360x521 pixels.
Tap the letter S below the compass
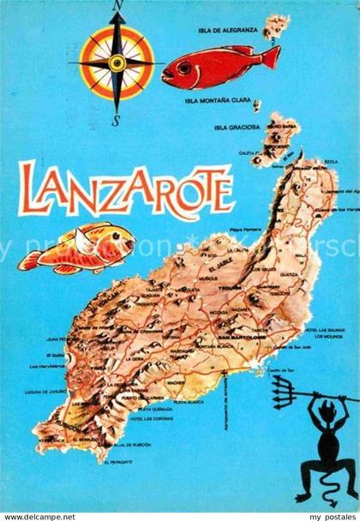click(x=117, y=120)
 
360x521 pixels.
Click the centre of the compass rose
click(x=117, y=63)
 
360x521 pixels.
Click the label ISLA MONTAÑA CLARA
click(x=218, y=100)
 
